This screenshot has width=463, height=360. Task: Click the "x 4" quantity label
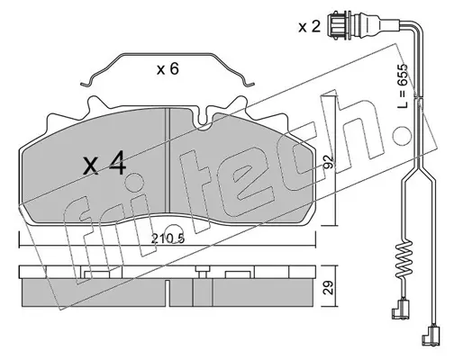click(104, 163)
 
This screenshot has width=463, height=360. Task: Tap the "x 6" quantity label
click(168, 69)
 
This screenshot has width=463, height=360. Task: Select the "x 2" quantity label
click(310, 26)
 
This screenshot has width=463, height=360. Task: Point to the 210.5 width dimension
click(168, 238)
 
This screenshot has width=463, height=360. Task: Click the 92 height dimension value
click(329, 162)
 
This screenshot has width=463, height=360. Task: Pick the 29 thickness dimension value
click(329, 287)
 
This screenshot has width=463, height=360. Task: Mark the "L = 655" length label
click(402, 85)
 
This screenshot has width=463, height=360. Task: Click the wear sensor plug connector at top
click(340, 25)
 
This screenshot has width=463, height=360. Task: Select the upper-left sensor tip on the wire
click(398, 309)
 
